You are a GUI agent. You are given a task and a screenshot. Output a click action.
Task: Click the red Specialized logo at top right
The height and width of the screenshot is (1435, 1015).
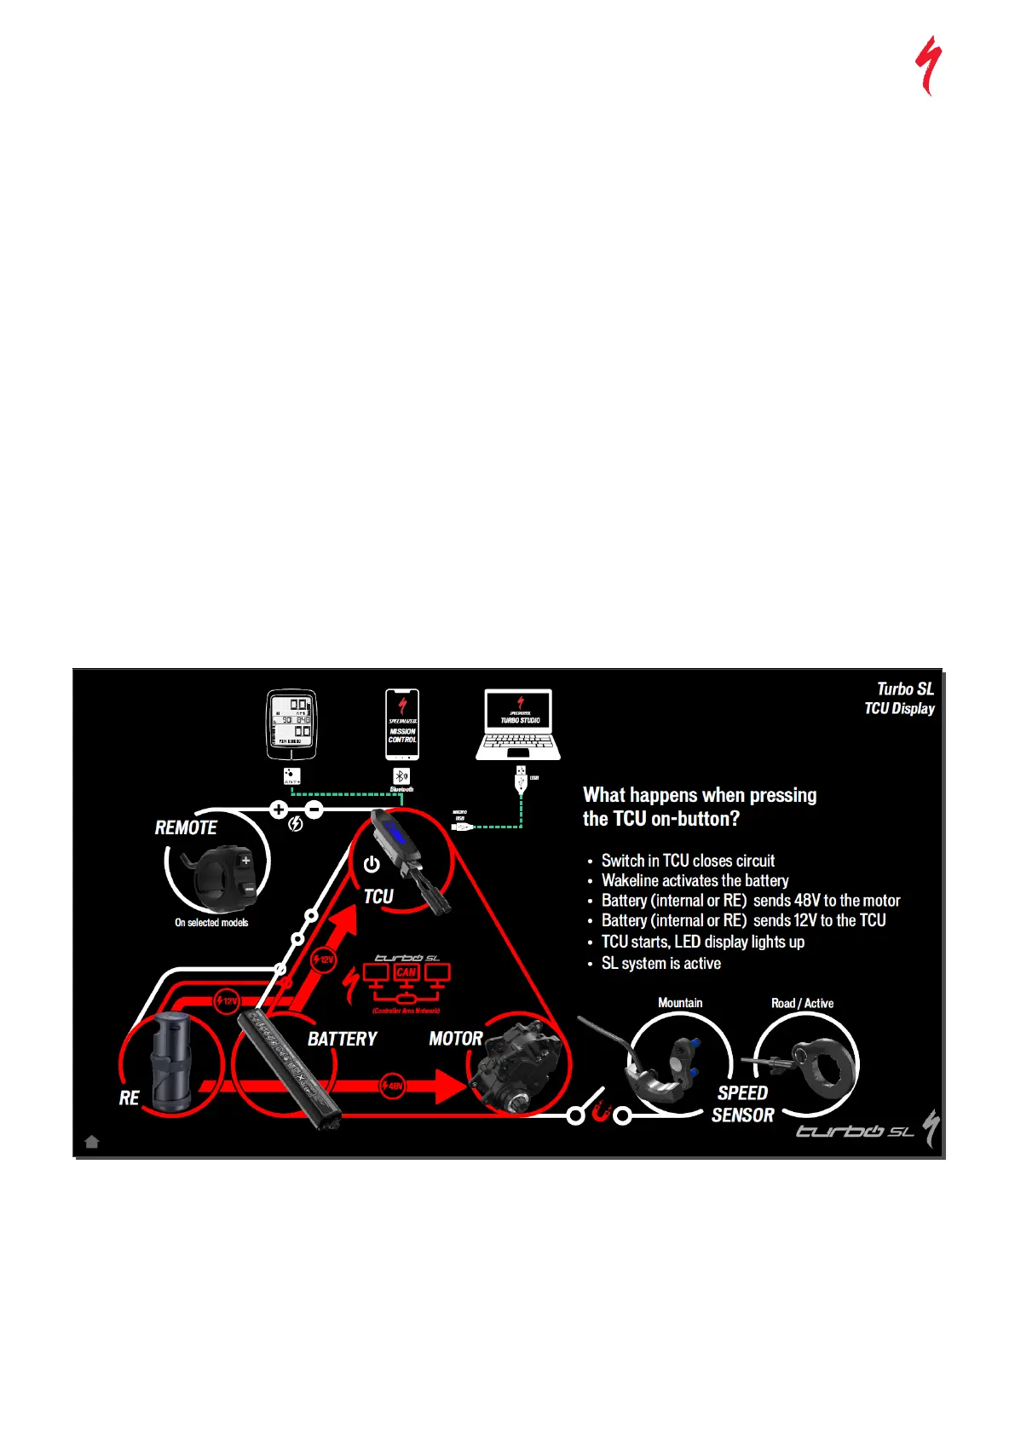[x=928, y=65]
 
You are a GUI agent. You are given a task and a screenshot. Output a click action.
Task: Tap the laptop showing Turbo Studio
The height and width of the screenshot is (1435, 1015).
[x=518, y=723]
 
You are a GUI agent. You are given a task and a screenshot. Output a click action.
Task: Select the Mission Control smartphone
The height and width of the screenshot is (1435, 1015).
[x=402, y=723]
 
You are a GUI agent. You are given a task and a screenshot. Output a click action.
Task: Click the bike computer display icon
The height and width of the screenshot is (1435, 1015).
[x=291, y=723]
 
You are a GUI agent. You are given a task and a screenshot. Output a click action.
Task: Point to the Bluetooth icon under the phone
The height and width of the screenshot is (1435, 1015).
[x=401, y=776]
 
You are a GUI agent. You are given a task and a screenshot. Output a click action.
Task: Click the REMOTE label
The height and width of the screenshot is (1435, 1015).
[x=186, y=827]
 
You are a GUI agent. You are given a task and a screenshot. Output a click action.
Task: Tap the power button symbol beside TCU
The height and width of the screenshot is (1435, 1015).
[x=372, y=864]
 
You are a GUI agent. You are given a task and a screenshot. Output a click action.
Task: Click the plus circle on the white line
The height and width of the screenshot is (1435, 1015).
[x=279, y=810]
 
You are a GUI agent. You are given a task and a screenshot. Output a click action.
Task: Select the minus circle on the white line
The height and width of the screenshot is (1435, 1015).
[x=314, y=810]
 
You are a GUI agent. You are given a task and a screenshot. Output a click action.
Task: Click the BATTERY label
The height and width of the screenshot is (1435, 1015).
[x=342, y=1039]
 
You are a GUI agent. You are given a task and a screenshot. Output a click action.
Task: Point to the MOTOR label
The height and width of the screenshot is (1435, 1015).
[x=456, y=1039]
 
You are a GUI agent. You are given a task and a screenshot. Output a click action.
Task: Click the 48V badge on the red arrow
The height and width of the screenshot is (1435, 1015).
[x=392, y=1086]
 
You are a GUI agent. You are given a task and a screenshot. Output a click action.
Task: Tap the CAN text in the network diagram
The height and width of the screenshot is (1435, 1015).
[x=407, y=972]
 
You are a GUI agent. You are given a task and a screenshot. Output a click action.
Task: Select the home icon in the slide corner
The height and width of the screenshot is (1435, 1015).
[x=92, y=1142]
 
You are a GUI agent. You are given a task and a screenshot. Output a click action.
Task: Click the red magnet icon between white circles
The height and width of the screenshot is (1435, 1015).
[x=600, y=1113]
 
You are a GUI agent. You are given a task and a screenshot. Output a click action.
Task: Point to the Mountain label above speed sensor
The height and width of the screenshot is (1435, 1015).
[x=680, y=1003]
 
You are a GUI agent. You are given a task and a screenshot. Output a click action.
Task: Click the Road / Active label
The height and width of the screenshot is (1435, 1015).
[x=802, y=1003]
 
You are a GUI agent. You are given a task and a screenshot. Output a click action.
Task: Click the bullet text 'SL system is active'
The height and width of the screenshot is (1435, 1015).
[x=660, y=963]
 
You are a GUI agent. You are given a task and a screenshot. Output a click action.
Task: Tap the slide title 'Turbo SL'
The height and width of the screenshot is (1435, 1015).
[x=905, y=689]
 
